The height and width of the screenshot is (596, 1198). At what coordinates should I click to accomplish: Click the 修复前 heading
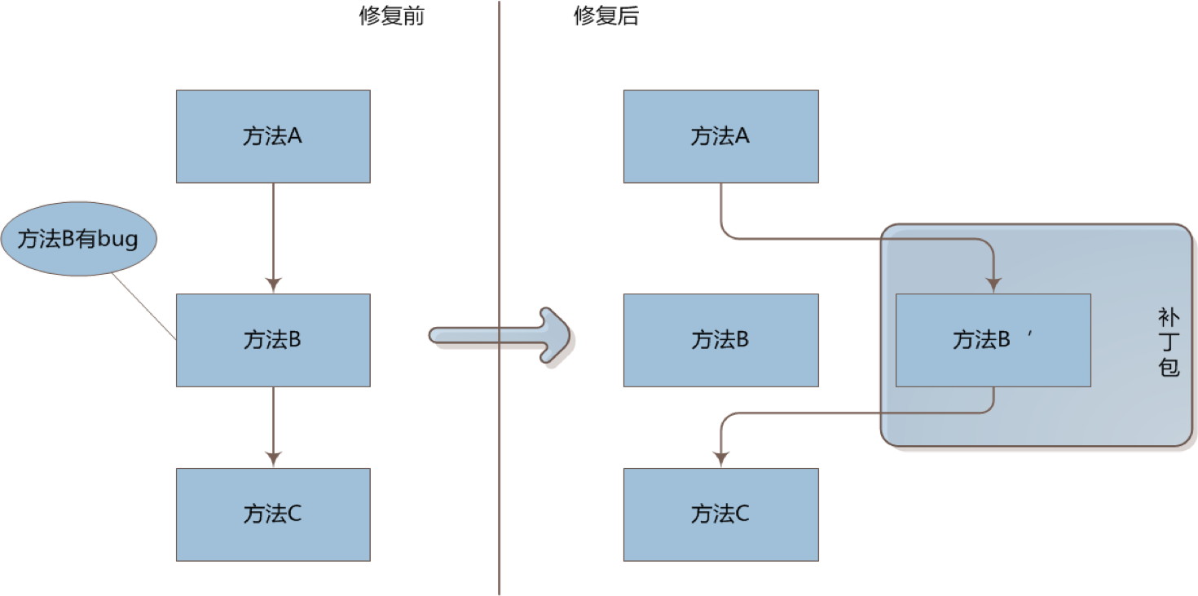(391, 17)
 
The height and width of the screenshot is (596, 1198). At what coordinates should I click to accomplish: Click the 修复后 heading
(606, 17)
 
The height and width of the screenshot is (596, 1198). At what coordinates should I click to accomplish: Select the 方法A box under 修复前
(273, 136)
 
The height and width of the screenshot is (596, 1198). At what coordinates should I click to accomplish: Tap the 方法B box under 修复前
(273, 340)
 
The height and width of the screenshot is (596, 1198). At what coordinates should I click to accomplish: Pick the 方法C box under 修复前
(273, 514)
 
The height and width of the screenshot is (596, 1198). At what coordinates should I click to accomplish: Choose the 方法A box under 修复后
(720, 136)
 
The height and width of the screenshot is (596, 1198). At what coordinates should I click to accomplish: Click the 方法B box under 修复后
(720, 340)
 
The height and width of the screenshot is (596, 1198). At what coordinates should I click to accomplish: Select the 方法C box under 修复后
(720, 514)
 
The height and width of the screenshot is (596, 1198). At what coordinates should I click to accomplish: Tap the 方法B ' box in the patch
(993, 340)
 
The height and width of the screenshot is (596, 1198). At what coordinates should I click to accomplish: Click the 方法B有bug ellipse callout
(77, 240)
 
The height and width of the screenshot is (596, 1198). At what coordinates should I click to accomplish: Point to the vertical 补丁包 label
(1169, 342)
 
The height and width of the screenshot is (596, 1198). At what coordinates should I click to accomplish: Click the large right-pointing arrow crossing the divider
(505, 335)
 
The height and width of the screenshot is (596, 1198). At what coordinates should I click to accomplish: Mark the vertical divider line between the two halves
(499, 489)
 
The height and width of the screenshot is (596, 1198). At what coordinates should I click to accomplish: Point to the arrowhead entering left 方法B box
(273, 285)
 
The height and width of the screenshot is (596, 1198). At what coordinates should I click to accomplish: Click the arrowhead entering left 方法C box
(273, 459)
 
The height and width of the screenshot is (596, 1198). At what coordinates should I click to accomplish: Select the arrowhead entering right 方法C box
(720, 459)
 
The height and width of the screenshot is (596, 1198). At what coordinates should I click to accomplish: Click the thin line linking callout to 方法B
(143, 305)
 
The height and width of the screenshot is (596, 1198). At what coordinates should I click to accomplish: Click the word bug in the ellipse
(118, 241)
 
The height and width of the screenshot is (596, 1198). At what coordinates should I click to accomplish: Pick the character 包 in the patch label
(1169, 368)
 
